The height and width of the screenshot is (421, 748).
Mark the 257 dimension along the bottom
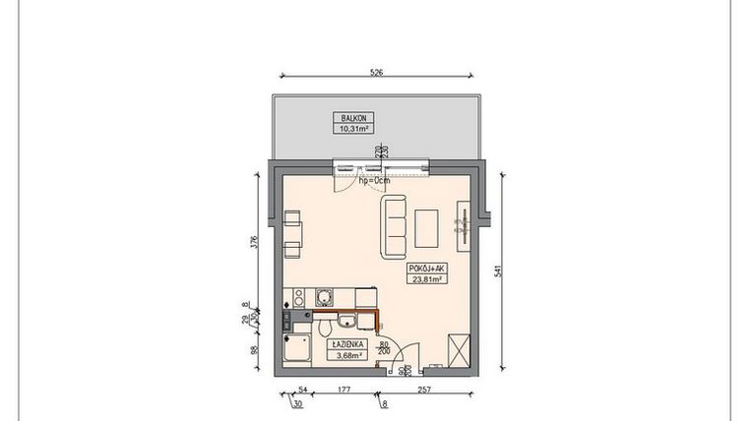425,391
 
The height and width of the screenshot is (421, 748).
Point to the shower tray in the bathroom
296,348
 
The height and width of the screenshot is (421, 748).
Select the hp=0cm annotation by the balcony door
374,180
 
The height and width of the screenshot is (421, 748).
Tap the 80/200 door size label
385,346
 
